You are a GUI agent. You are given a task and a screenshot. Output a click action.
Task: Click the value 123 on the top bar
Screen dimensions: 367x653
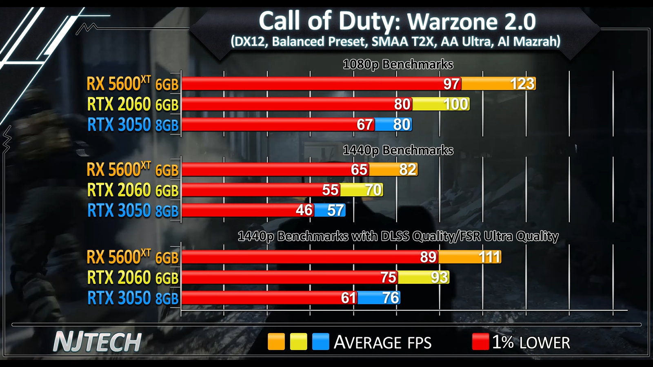(x=522, y=84)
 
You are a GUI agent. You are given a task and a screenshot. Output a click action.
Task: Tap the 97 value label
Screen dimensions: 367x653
(x=451, y=84)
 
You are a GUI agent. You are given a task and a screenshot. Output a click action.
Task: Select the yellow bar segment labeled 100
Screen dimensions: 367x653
(x=441, y=104)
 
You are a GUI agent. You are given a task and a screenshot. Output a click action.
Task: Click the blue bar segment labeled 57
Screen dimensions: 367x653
(x=330, y=210)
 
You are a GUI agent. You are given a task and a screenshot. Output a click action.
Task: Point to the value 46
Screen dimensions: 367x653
(x=304, y=210)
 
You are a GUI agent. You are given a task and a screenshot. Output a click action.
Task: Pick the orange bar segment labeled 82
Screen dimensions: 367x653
(x=393, y=170)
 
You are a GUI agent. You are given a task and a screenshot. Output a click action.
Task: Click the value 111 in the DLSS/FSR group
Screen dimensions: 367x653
(x=489, y=257)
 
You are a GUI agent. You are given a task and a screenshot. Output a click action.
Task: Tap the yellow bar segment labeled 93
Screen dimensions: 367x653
(x=423, y=278)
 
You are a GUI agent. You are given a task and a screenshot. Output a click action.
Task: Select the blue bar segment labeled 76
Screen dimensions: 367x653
(x=378, y=298)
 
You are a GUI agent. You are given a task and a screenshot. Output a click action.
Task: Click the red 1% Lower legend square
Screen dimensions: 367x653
(x=480, y=342)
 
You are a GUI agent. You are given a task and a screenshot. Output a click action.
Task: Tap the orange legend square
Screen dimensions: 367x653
(x=276, y=342)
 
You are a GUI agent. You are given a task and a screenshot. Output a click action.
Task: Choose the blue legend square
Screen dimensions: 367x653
(x=320, y=342)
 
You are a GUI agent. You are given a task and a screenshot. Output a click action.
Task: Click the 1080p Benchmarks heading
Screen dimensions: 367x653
(x=398, y=64)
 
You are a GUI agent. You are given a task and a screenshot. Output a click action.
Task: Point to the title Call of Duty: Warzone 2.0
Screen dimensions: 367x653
(x=397, y=21)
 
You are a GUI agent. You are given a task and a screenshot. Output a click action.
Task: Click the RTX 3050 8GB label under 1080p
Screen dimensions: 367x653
(x=133, y=125)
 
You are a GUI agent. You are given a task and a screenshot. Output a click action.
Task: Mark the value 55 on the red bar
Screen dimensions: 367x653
(x=330, y=190)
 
